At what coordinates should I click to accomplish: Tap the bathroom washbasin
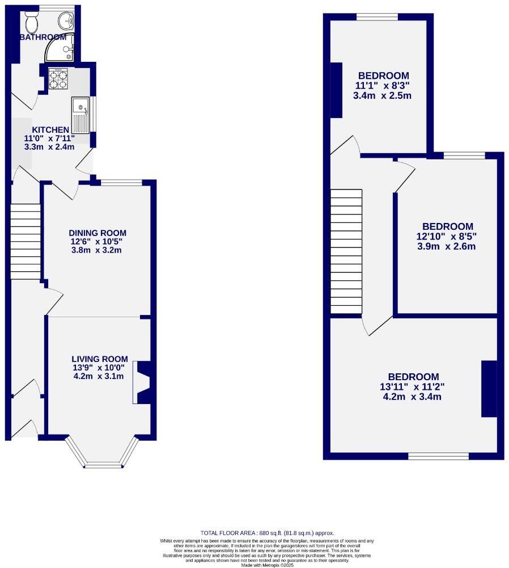coord(67,21)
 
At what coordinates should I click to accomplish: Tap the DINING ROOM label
coord(97,233)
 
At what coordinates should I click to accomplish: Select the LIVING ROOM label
coord(99,359)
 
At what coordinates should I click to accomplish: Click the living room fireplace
coord(142,383)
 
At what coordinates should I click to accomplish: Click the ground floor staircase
coord(26,241)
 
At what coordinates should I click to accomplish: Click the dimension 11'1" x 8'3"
coord(382,86)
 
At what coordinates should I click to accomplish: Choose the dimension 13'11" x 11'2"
coord(413,387)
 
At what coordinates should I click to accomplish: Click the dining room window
coord(121,183)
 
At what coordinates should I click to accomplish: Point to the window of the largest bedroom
coord(438,456)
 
